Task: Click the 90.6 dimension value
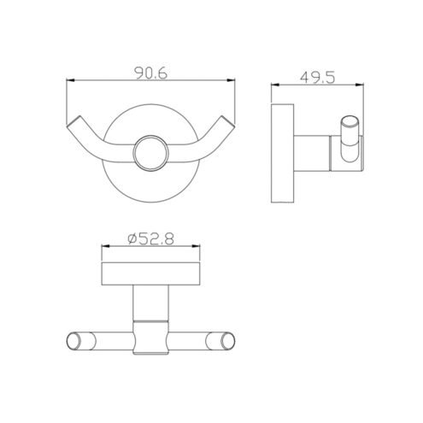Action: tap(150, 73)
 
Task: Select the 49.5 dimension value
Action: tap(318, 77)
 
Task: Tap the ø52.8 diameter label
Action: tap(150, 238)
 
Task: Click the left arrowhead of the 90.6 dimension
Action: tap(70, 80)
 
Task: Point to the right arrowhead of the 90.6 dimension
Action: tap(231, 80)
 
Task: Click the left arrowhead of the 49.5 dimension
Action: tap(275, 85)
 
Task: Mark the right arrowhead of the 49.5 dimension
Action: tap(360, 85)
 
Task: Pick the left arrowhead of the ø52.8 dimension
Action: tap(106, 246)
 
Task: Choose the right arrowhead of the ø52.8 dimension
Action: tap(196, 246)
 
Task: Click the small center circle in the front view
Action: tap(151, 153)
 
